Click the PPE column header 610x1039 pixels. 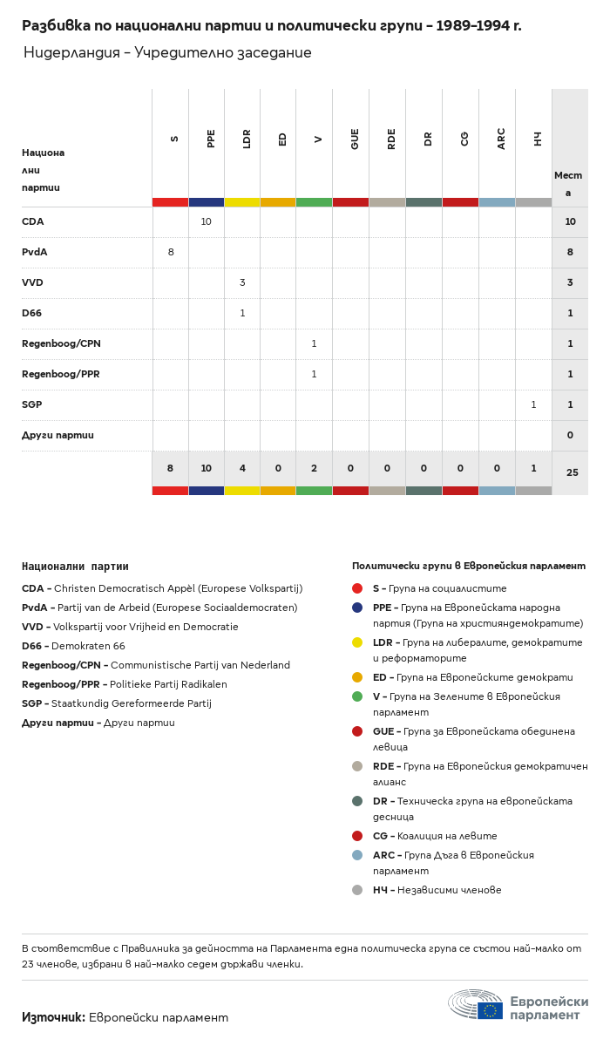(211, 139)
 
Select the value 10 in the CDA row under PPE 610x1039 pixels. (207, 222)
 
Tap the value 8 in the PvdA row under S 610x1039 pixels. (171, 253)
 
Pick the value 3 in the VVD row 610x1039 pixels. (242, 283)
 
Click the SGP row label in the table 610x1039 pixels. (32, 405)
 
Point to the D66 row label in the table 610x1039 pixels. (32, 314)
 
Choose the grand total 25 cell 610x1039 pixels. (572, 473)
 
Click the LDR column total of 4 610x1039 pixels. (242, 469)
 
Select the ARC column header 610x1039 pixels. (501, 139)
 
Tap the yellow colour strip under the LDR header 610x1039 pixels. (242, 202)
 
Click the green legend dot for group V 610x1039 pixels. (357, 696)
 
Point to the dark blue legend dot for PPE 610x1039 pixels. (357, 608)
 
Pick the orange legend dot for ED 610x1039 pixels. (357, 677)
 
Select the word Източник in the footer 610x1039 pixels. (53, 1017)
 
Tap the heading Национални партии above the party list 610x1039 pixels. (75, 567)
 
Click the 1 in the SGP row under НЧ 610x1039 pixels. (533, 405)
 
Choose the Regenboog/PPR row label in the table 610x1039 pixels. (61, 375)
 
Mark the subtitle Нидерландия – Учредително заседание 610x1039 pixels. (167, 53)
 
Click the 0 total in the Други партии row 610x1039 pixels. (570, 436)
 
